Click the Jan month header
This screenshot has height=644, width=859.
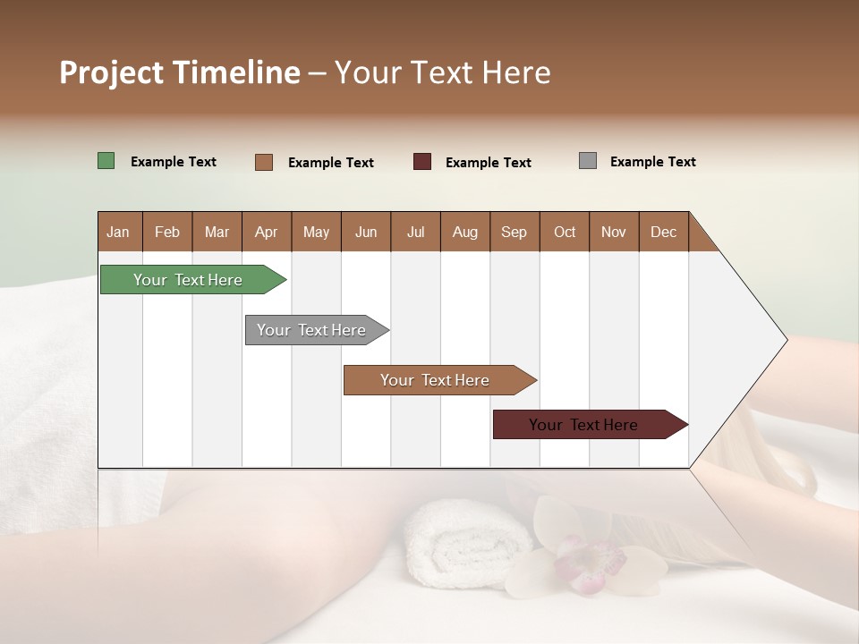(118, 232)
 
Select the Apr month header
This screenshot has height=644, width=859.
(266, 232)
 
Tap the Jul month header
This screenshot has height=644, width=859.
(415, 232)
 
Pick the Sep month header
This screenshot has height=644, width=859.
(514, 232)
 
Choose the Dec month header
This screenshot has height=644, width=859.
(663, 232)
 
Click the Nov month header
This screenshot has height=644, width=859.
(613, 232)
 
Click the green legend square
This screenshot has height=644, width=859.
(106, 161)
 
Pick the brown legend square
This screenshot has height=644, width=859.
(263, 162)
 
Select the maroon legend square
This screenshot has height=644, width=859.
(421, 162)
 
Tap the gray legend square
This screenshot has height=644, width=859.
(587, 161)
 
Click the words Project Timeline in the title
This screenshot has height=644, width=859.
(179, 72)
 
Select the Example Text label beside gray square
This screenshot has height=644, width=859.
(652, 162)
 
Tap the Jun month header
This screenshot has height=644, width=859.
(365, 232)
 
